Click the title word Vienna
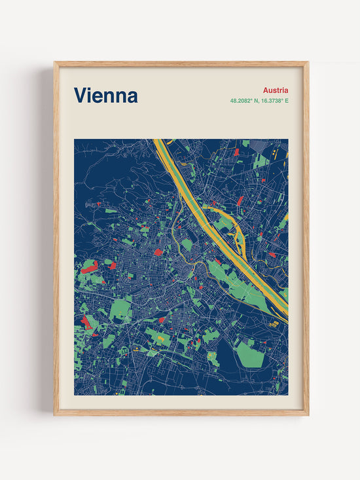[x=105, y=96]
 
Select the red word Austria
[x=276, y=90]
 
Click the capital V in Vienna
[x=80, y=96]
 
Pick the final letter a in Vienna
[x=132, y=97]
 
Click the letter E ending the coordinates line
[x=286, y=101]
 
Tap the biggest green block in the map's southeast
[x=249, y=353]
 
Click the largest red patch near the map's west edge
[x=90, y=267]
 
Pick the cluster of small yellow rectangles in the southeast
[x=275, y=323]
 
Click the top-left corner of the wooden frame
[x=56, y=63]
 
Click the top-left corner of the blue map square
[x=75, y=139]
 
